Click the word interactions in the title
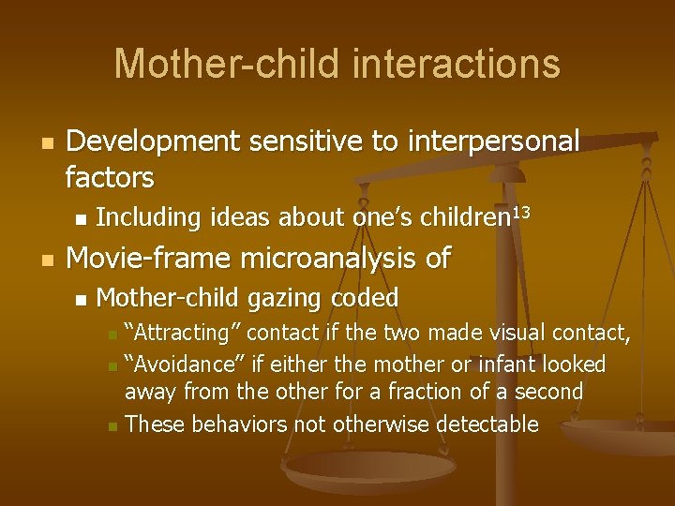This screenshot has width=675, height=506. (x=457, y=65)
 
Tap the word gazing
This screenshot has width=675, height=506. (x=279, y=298)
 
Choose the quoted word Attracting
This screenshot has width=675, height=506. (x=181, y=333)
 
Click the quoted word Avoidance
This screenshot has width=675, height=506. (x=183, y=364)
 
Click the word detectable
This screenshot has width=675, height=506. (x=484, y=424)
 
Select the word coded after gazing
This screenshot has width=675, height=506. (x=368, y=298)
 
